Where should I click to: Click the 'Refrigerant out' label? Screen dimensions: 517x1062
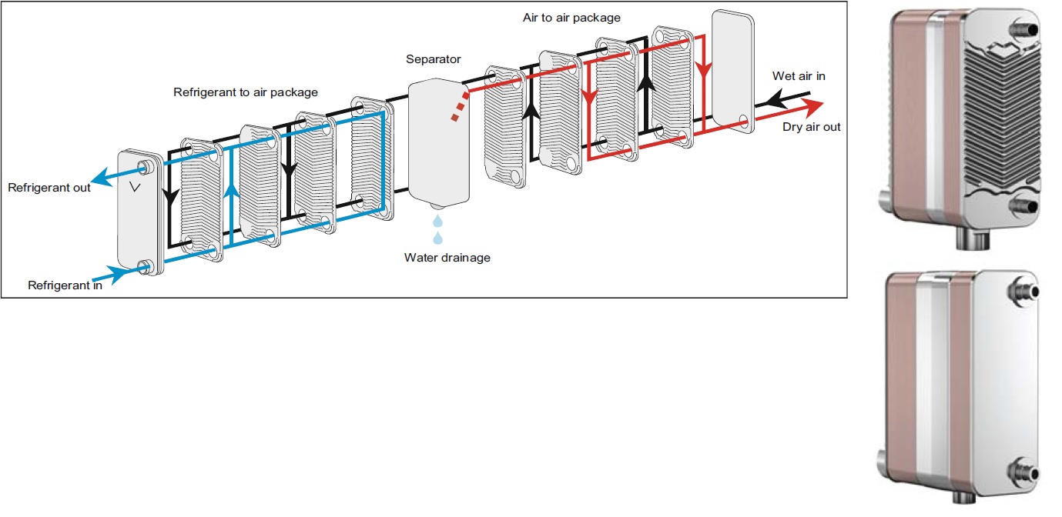pos(49,188)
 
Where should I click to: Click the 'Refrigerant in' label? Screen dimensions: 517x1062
pos(65,285)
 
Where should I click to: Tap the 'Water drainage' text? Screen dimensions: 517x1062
pos(447,258)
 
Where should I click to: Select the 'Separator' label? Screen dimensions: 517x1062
pos(434,59)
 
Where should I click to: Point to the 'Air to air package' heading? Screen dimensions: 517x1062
pos(571,18)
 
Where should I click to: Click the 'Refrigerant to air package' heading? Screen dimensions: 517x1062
pos(245,92)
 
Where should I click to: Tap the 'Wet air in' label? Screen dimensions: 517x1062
pos(799,76)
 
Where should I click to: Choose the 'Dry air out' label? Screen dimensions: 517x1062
pos(812,127)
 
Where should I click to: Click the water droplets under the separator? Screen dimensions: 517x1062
pos(437,229)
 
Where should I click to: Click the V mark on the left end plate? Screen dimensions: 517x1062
pos(135,188)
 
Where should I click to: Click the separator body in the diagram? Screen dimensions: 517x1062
pos(438,142)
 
